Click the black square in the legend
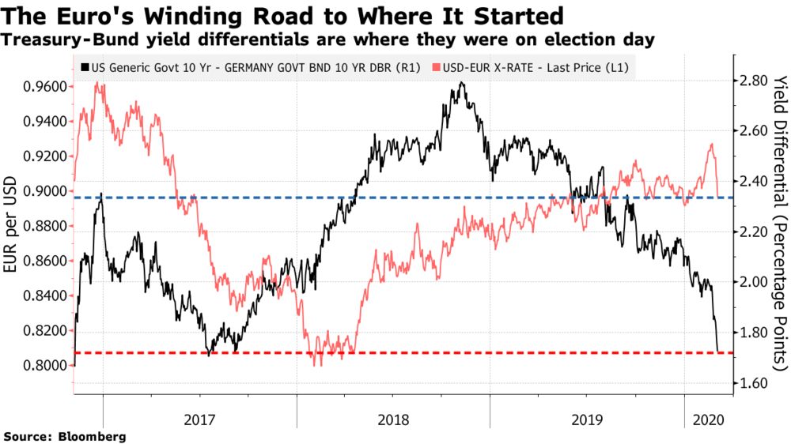(x=84, y=68)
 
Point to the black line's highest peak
(x=461, y=82)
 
